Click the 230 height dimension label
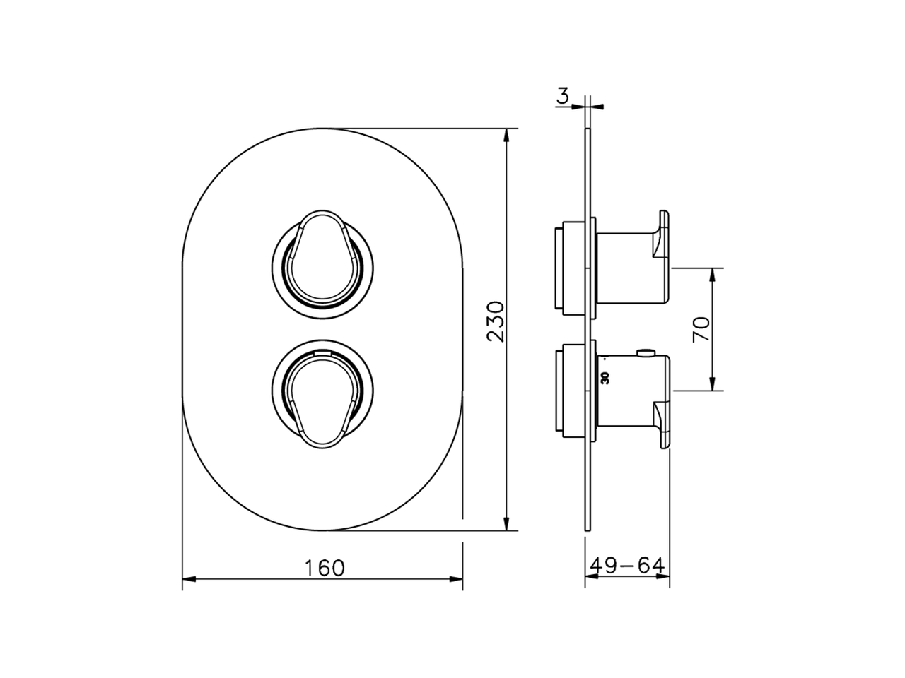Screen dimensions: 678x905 [497, 321]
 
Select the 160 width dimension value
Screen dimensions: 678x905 [325, 567]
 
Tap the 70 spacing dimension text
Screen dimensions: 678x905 [701, 330]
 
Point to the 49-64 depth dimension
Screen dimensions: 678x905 [627, 566]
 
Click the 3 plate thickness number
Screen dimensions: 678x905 [562, 96]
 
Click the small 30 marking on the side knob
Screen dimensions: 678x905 [605, 378]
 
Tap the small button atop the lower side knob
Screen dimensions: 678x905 [645, 352]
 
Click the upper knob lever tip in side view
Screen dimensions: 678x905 [662, 233]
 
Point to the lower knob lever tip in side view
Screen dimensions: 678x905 [662, 424]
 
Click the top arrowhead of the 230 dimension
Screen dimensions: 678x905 [506, 134]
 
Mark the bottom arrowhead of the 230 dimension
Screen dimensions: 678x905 [506, 524]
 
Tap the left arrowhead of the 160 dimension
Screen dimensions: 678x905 [188, 580]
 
